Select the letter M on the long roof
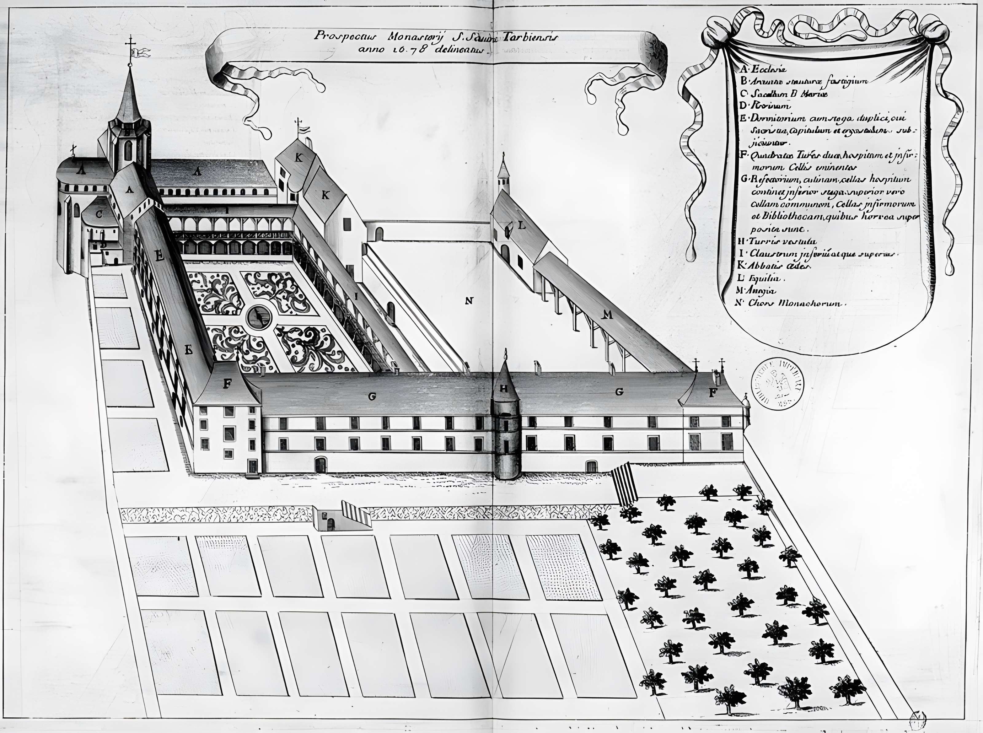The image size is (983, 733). [607, 315]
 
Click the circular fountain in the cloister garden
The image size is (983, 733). [259, 316]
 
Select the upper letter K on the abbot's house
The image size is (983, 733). [298, 157]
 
